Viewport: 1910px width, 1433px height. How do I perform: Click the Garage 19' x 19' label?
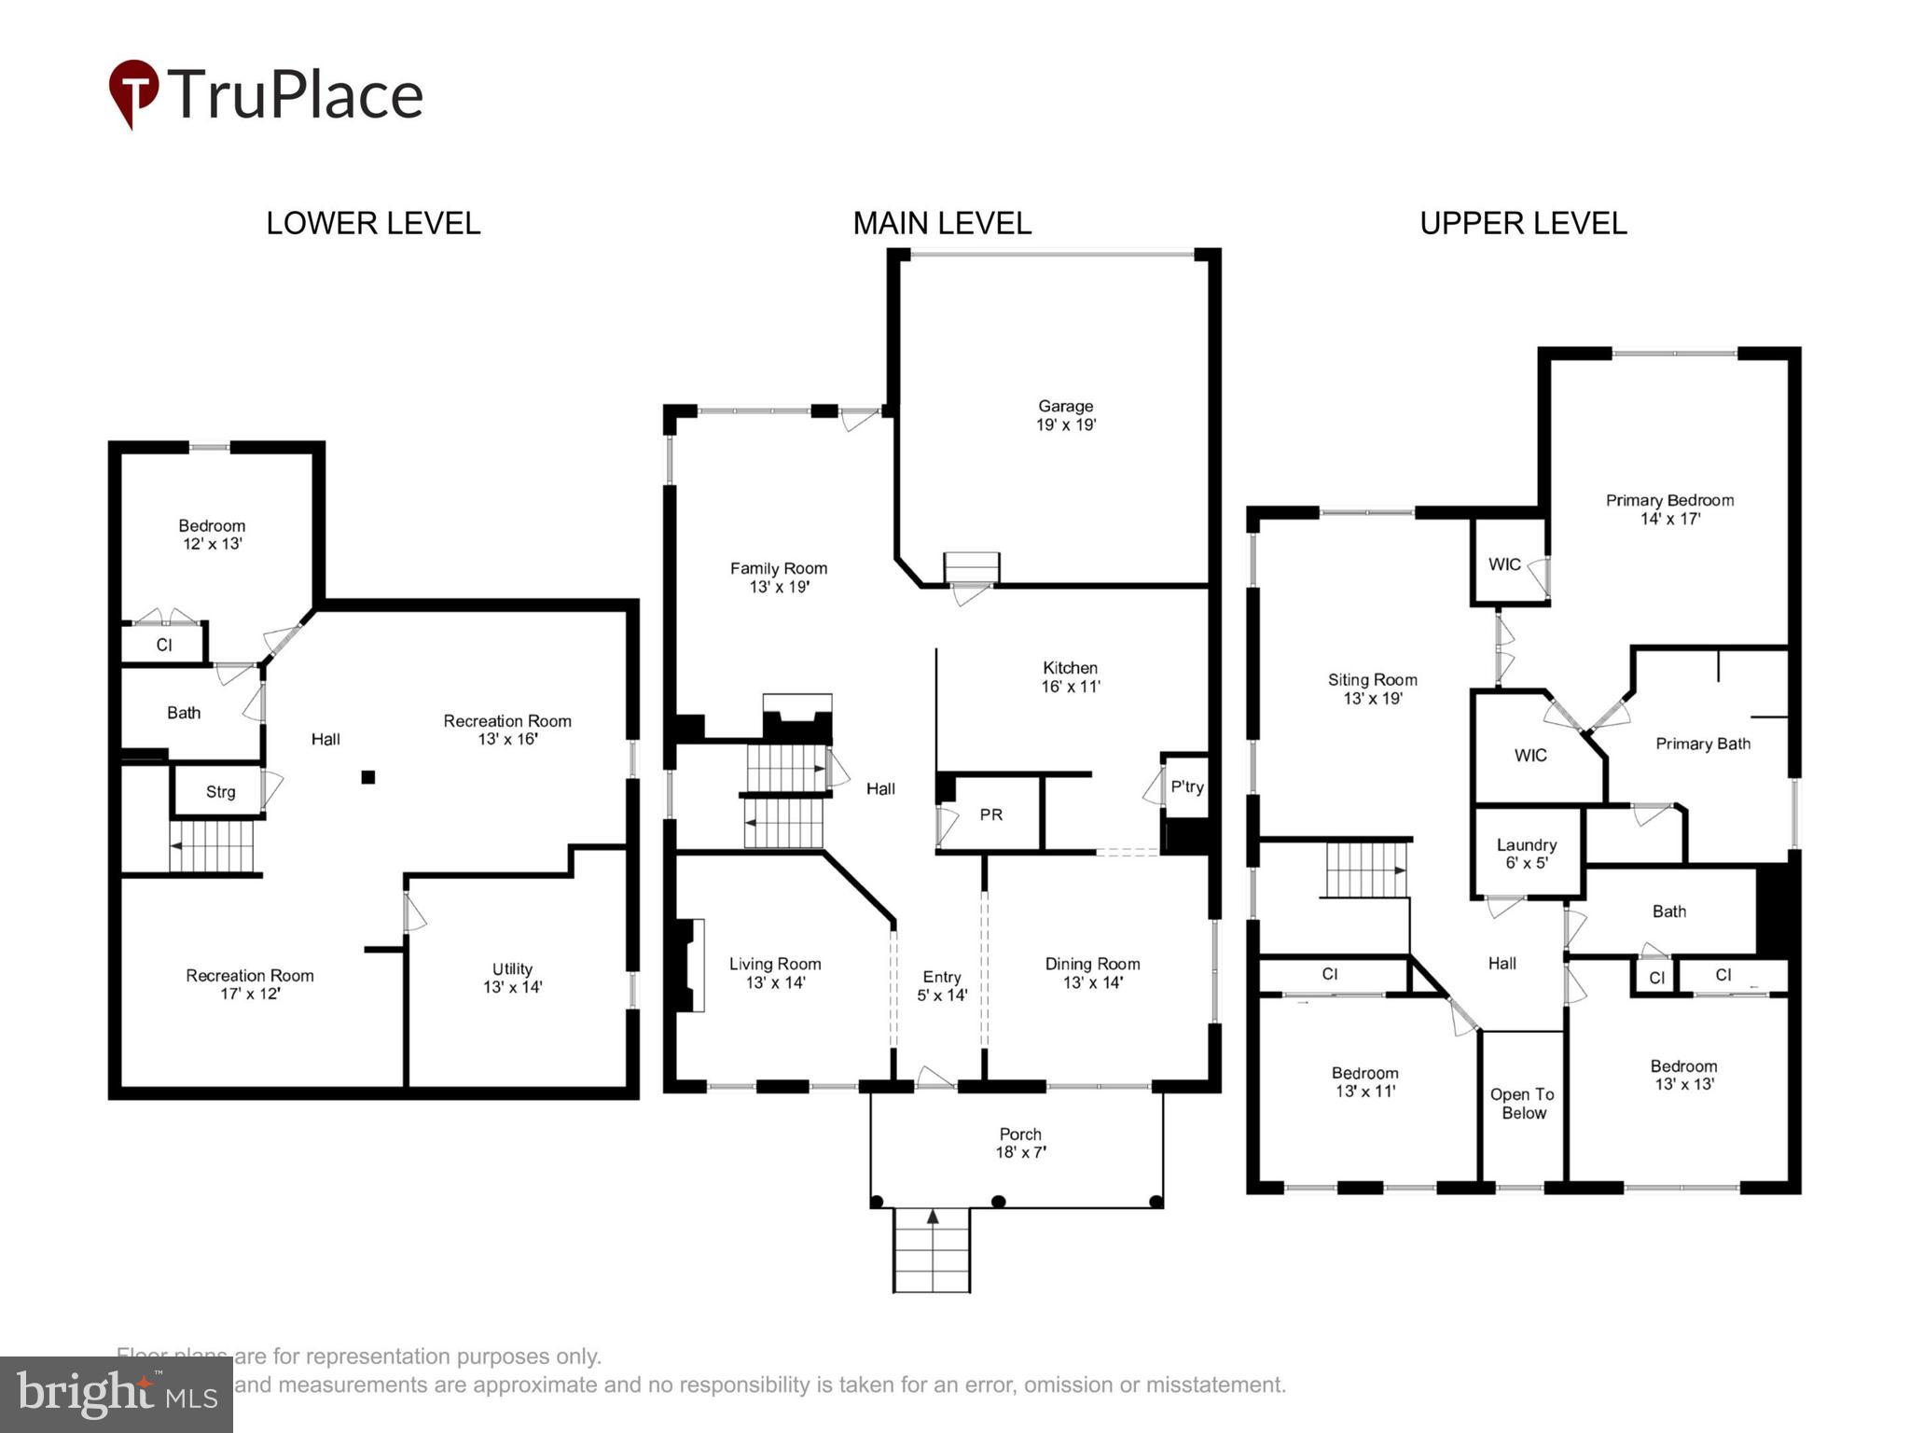(x=1065, y=415)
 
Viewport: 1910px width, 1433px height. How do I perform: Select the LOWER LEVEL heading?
(x=373, y=224)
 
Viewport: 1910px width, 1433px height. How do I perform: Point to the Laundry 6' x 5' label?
(x=1526, y=854)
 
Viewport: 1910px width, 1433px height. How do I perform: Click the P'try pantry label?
(x=1186, y=786)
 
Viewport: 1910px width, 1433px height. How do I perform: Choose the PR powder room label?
(x=990, y=814)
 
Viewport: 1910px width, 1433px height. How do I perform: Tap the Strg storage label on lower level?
(x=220, y=792)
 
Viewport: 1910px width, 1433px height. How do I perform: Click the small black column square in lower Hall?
(x=368, y=777)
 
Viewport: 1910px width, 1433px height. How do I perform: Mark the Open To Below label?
(x=1523, y=1104)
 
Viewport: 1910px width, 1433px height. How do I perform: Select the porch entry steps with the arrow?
(x=932, y=1250)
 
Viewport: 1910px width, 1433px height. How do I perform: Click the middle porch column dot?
(x=998, y=1201)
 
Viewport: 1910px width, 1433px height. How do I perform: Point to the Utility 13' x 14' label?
(x=512, y=978)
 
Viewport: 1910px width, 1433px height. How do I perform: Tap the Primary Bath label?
(x=1702, y=744)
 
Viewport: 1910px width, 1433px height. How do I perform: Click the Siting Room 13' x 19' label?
(x=1372, y=689)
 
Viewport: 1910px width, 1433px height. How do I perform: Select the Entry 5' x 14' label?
(x=941, y=985)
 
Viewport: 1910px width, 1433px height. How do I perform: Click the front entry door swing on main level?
(x=934, y=1078)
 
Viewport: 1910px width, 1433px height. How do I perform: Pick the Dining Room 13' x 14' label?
(x=1092, y=973)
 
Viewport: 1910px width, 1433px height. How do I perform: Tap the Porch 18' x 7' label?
(x=1020, y=1143)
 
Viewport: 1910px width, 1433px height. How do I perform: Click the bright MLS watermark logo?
(x=117, y=1395)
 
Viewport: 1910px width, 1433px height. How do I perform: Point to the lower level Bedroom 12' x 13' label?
(x=212, y=535)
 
